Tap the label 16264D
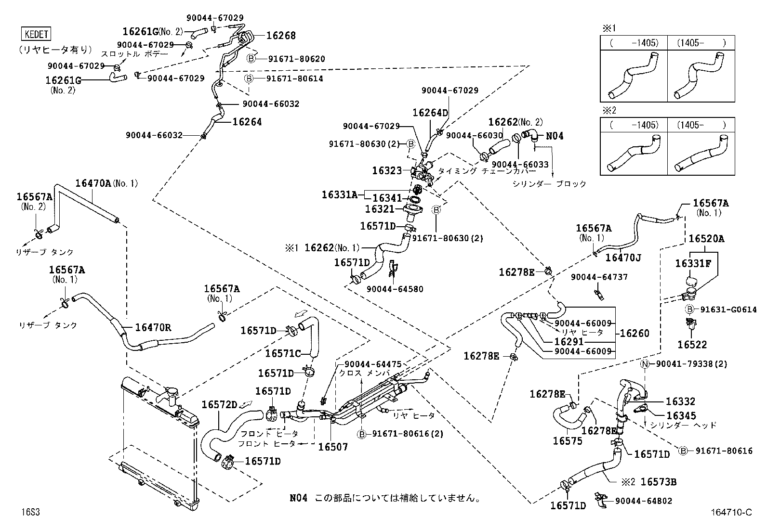coord(430,113)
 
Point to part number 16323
coord(387,170)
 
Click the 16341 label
coord(387,198)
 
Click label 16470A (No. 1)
coord(106,183)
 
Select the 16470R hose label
coord(153,328)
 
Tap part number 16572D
coord(219,405)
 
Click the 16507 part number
coord(333,447)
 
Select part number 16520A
coord(706,238)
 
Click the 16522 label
coord(692,345)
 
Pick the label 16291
coord(569,342)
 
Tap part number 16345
coord(681,416)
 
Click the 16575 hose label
coord(568,441)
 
